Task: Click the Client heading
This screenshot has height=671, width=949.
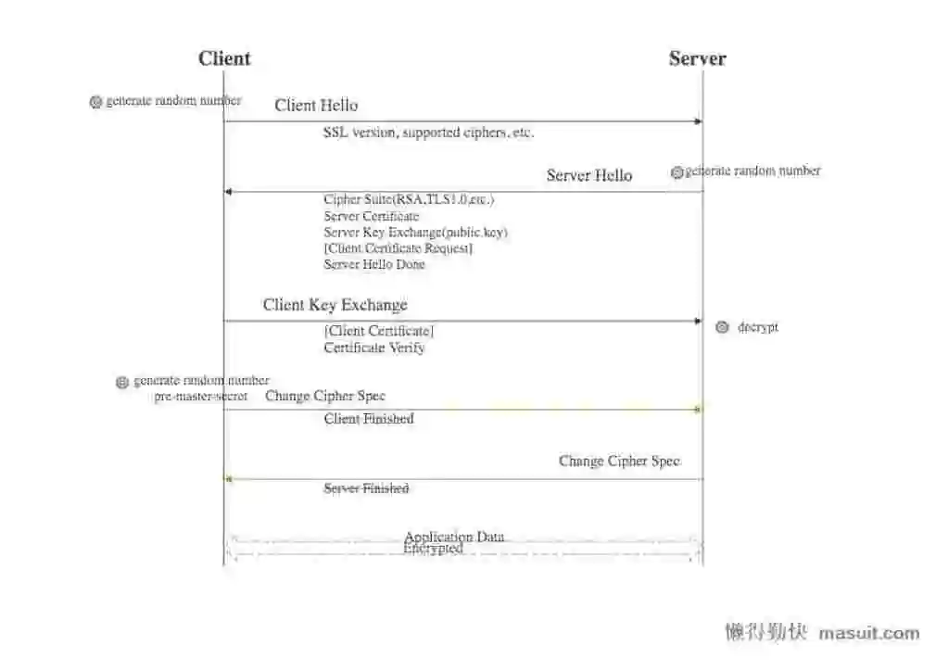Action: point(224,58)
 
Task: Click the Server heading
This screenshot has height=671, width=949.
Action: point(697,58)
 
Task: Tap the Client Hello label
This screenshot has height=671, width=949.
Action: point(316,106)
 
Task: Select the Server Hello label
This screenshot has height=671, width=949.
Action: point(588,175)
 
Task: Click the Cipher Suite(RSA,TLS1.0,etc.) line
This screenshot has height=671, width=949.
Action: point(409,199)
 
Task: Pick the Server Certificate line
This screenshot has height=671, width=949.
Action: point(371,216)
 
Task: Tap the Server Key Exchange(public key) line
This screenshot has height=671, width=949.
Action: point(415,233)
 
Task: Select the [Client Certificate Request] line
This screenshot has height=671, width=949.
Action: point(398,248)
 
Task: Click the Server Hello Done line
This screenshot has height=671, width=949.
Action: point(374,264)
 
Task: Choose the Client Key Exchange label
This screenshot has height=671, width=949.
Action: point(335,305)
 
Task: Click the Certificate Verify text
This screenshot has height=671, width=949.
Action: point(374,348)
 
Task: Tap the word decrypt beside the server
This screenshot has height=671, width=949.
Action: point(758,327)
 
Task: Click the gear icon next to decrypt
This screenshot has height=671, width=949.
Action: point(722,327)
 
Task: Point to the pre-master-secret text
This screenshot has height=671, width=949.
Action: point(201,397)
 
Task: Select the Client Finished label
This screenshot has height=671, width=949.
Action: point(369,419)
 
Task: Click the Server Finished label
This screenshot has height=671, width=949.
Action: point(366,488)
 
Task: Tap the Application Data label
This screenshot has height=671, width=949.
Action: point(454,537)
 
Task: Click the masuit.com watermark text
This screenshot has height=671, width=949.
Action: point(869,634)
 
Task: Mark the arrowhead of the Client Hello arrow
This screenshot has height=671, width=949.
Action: point(699,121)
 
